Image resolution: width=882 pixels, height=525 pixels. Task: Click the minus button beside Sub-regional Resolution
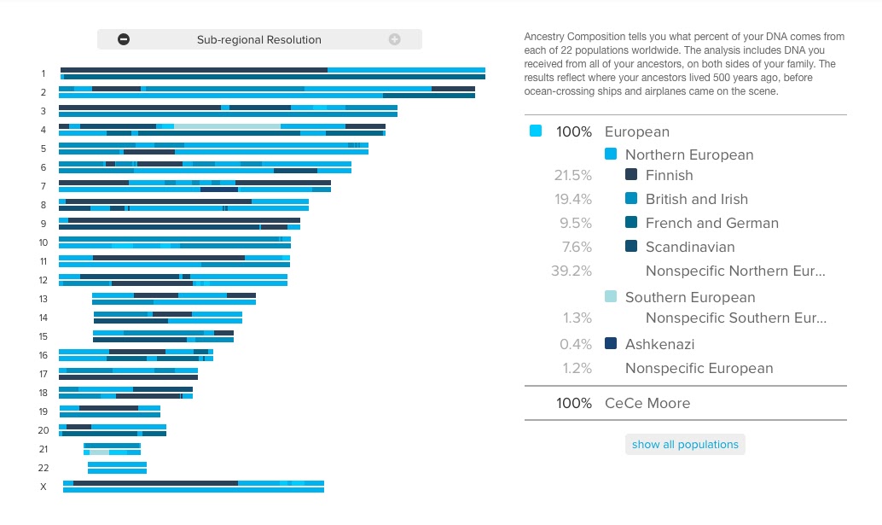tap(124, 39)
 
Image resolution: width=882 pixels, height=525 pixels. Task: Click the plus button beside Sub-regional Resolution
tap(394, 39)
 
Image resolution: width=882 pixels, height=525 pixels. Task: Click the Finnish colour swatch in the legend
tap(631, 175)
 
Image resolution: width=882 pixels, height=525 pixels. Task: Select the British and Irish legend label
tap(696, 199)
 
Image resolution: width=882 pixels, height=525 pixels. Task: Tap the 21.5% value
tap(573, 175)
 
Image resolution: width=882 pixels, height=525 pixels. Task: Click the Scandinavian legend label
tap(689, 247)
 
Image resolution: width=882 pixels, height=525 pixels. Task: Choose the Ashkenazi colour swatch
tap(610, 344)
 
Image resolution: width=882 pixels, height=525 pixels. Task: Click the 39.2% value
tap(572, 271)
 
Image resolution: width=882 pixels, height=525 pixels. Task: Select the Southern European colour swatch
tap(610, 297)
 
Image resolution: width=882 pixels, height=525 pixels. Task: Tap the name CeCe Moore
tap(647, 403)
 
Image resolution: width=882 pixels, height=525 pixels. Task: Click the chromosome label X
tap(44, 487)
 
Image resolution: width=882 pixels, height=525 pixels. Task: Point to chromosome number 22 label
tap(44, 468)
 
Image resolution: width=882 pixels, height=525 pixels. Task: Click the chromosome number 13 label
tap(44, 299)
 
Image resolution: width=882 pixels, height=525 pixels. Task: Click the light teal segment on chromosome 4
tap(227, 126)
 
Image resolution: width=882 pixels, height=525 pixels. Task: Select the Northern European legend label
tap(689, 155)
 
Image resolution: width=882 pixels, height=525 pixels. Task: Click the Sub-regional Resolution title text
tap(258, 39)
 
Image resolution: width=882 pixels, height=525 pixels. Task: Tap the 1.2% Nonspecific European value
tap(576, 368)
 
